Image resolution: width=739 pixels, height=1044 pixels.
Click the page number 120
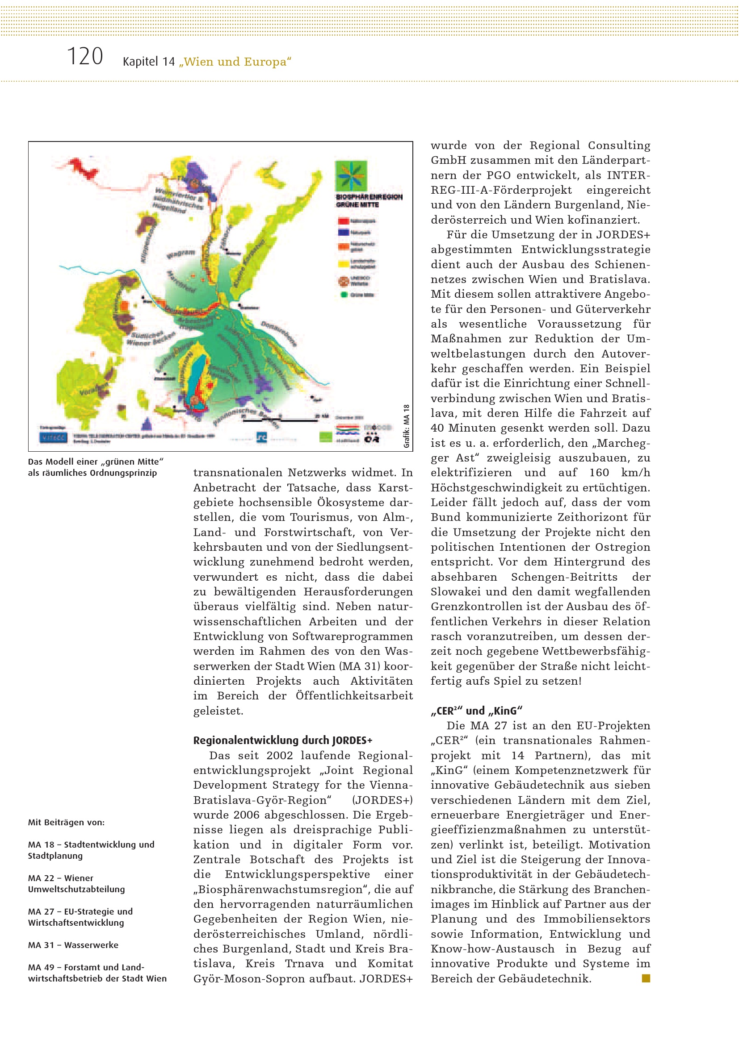coord(85,57)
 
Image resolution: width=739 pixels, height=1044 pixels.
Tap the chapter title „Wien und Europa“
coord(235,62)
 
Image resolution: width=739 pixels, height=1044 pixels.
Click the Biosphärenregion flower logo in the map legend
coord(351,175)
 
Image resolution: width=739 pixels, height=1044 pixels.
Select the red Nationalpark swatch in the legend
coord(344,221)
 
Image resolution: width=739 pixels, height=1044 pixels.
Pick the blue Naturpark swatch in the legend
coord(344,233)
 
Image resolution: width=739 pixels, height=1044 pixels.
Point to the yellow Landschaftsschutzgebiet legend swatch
coord(344,264)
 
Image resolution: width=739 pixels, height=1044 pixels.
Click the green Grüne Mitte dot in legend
coord(344,295)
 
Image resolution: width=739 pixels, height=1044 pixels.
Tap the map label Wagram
coord(181,253)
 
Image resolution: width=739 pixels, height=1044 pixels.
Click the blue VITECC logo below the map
coord(54,437)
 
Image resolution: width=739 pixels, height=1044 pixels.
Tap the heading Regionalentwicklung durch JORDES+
coord(282,740)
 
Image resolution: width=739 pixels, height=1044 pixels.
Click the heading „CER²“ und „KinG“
coord(476,711)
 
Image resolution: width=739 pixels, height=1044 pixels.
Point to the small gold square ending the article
coord(646,978)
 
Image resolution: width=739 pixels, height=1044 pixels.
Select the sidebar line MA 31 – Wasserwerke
coord(73,945)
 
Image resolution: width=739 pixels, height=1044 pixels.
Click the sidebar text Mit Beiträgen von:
coord(67,822)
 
